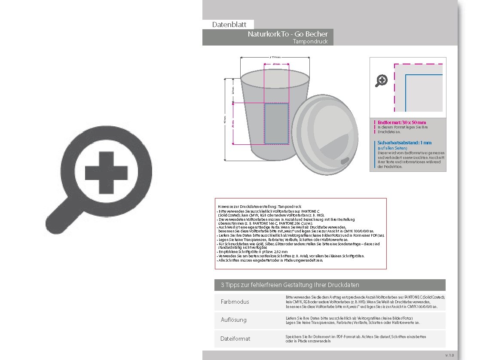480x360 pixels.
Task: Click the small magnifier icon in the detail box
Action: click(381, 80)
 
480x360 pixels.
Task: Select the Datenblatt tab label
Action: click(229, 25)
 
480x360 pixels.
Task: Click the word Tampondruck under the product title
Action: click(310, 42)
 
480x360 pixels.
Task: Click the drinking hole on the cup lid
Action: click(345, 161)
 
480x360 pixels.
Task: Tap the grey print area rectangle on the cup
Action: click(276, 123)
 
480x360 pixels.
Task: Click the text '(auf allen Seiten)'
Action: click(392, 148)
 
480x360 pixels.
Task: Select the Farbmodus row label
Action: click(235, 302)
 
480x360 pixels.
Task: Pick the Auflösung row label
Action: click(233, 320)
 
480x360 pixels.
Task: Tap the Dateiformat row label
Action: click(235, 339)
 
